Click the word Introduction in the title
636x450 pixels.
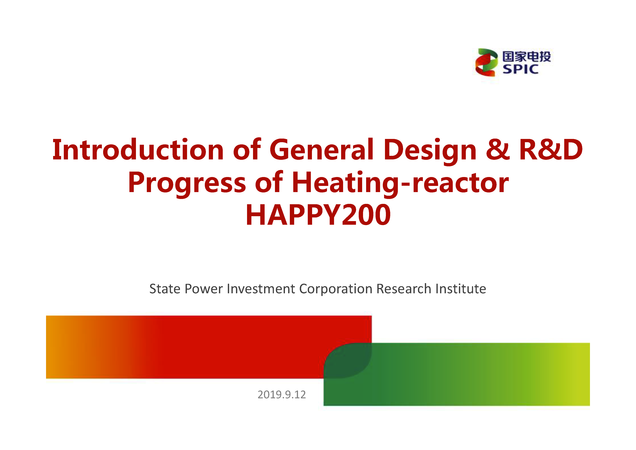(138, 150)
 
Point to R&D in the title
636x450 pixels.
(551, 150)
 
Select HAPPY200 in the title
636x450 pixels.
(318, 215)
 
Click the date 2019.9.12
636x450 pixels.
(282, 394)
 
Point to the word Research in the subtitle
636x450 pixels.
(404, 289)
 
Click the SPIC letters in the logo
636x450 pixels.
(521, 69)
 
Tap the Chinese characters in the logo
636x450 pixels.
(527, 57)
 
